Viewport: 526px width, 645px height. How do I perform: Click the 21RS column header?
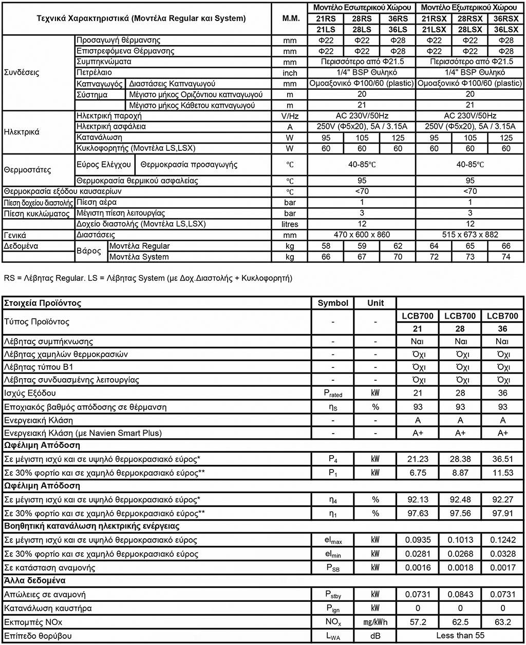(326, 18)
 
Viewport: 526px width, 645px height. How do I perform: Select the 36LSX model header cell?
(506, 29)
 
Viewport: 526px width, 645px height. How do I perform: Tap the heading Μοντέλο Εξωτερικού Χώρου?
(469, 8)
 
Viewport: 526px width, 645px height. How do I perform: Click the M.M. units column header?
(291, 18)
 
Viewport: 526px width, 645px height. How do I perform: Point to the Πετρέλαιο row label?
(94, 72)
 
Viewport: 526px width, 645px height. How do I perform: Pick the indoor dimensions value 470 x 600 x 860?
(362, 234)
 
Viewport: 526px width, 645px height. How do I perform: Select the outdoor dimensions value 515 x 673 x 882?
(470, 234)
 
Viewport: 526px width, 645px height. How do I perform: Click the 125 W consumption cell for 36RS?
(398, 138)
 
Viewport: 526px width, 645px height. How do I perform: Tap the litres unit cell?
(290, 224)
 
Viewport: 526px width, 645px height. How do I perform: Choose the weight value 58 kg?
(326, 246)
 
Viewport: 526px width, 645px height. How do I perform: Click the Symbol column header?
(333, 303)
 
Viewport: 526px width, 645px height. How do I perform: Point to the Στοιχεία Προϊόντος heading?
(43, 303)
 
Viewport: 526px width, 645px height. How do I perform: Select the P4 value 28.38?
(460, 459)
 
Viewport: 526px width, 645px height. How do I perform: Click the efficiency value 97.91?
(502, 513)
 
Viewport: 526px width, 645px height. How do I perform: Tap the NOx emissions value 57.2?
(418, 622)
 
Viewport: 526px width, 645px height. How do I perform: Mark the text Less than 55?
(460, 635)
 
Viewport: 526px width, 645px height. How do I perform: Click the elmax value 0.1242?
(502, 540)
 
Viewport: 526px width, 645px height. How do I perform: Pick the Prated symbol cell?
(333, 394)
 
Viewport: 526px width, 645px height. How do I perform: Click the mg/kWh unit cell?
(375, 622)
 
